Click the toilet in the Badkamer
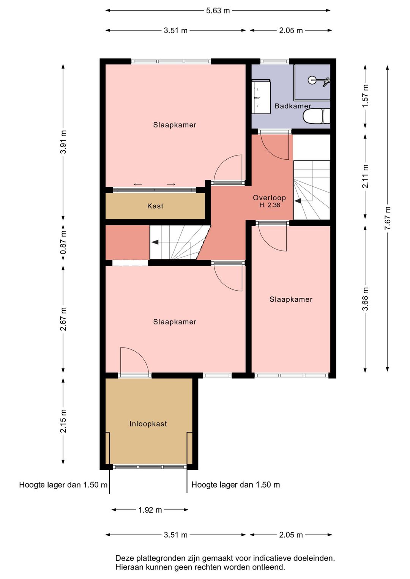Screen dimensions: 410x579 click(x=316, y=116)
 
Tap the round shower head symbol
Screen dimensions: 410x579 click(x=312, y=80)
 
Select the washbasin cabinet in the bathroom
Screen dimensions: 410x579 click(x=261, y=96)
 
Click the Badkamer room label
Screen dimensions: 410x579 click(x=293, y=106)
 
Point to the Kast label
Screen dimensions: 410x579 click(x=155, y=206)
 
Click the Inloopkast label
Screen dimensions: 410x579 click(x=148, y=424)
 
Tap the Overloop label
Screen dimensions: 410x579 click(x=269, y=198)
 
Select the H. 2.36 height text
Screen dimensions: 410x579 click(x=270, y=205)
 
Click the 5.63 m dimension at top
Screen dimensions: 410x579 click(x=218, y=11)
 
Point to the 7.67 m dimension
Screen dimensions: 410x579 click(x=388, y=218)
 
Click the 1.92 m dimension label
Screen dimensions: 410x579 click(x=150, y=510)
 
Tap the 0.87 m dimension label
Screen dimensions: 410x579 click(x=63, y=242)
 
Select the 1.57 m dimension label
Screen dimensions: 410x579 click(x=365, y=96)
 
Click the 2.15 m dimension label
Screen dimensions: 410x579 click(x=63, y=421)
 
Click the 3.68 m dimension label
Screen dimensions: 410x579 click(x=365, y=299)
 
